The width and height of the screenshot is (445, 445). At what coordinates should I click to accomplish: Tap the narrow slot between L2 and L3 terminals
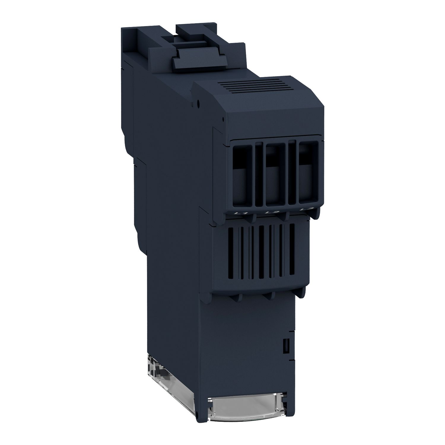(293, 172)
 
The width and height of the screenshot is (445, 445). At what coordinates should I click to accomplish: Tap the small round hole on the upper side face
(198, 104)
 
